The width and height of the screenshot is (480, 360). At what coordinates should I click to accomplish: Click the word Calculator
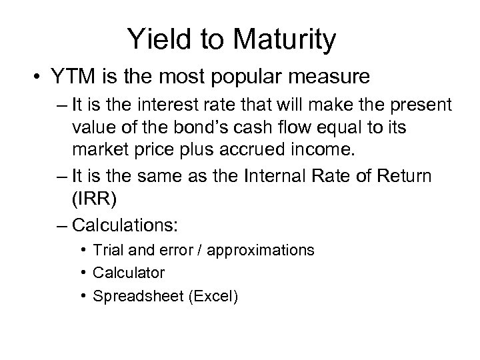coord(129,272)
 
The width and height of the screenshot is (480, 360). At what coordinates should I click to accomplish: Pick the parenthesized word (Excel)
coord(213,294)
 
